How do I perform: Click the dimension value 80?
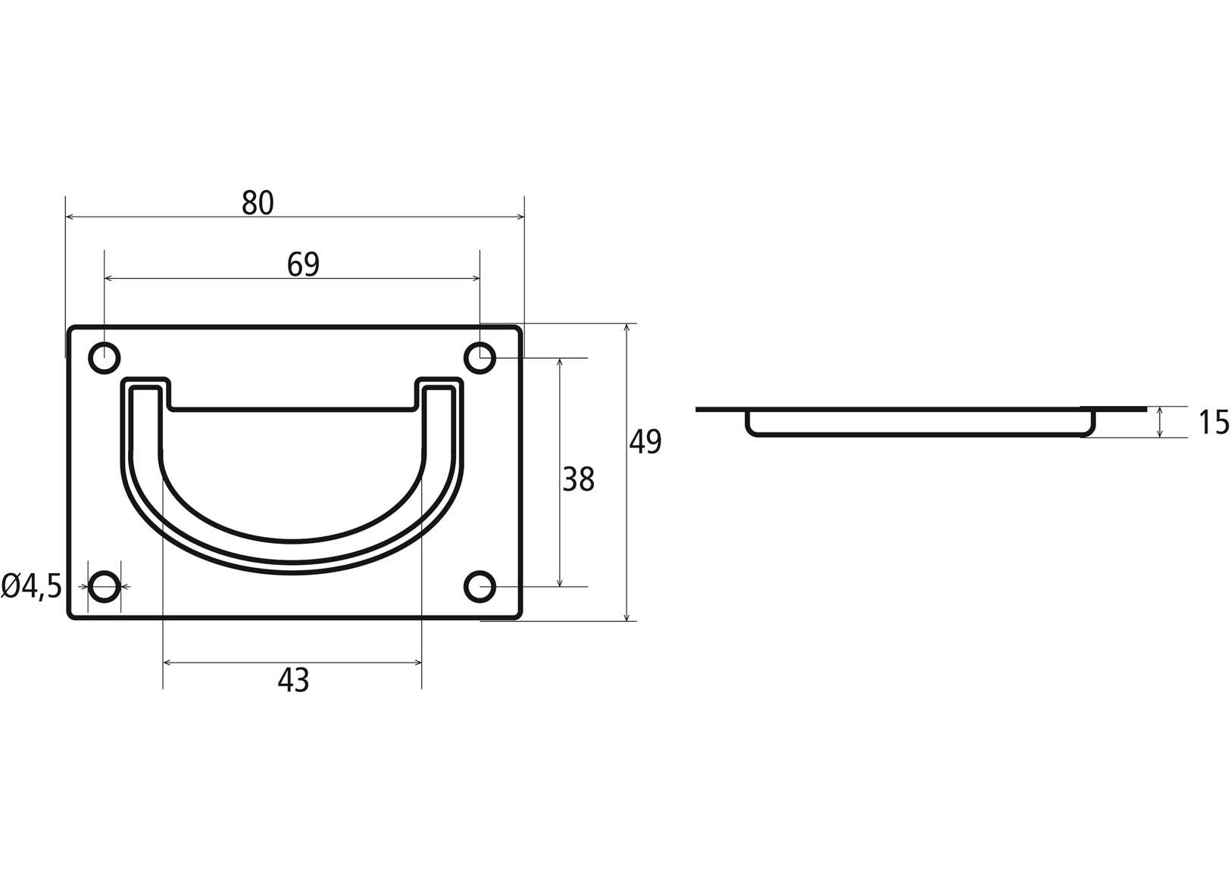pos(258,203)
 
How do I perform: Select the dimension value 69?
pos(303,264)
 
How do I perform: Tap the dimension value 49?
pos(645,441)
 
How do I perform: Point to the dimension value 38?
pos(578,479)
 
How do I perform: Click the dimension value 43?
pos(293,681)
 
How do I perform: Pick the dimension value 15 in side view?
pos(1214,423)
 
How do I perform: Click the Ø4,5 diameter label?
pos(32,586)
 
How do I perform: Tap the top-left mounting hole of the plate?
pos(105,357)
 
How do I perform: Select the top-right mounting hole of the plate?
pos(480,357)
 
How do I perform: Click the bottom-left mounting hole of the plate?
pos(105,586)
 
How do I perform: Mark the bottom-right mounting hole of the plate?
pos(480,586)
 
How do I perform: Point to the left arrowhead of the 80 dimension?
pos(70,217)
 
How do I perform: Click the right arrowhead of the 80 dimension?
pos(520,217)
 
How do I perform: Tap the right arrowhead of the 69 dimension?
pos(475,279)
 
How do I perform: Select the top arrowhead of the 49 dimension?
pos(626,329)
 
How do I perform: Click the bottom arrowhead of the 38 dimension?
pos(560,582)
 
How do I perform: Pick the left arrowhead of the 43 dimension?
pos(168,663)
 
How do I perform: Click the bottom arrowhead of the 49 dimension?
pos(626,616)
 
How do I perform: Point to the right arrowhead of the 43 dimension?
pos(417,663)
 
